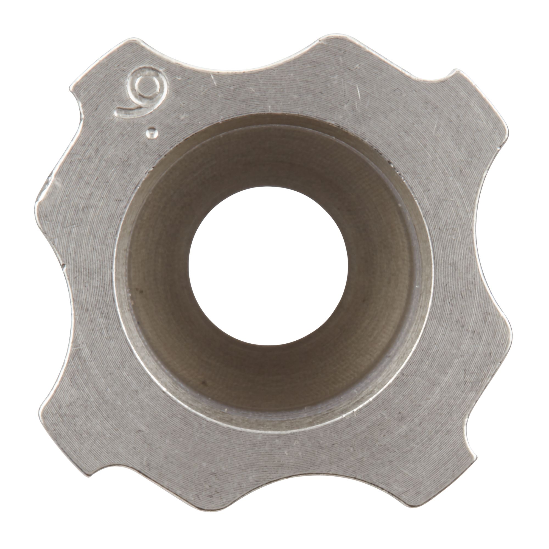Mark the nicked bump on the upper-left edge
[48, 182]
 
